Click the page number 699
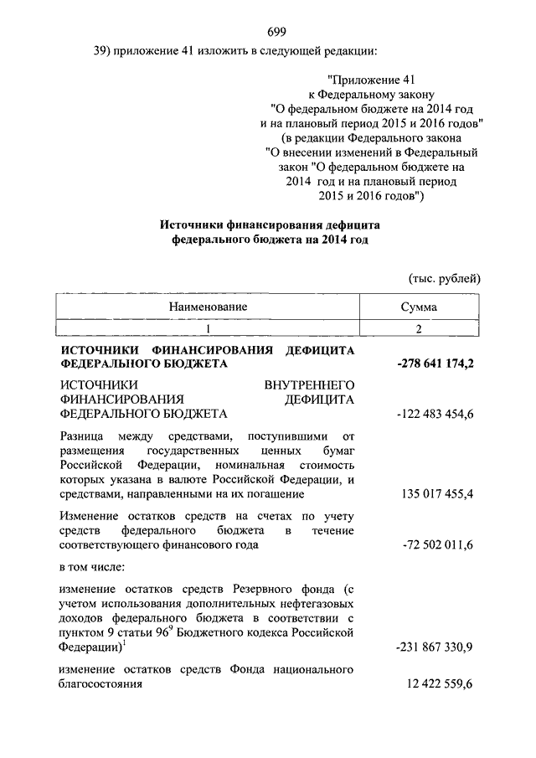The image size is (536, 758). tap(277, 33)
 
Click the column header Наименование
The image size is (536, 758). tap(208, 307)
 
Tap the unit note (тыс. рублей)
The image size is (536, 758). tap(445, 278)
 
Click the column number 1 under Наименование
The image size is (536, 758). tap(208, 327)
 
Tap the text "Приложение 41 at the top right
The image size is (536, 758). tap(362, 80)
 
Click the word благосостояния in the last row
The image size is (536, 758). tap(100, 684)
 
